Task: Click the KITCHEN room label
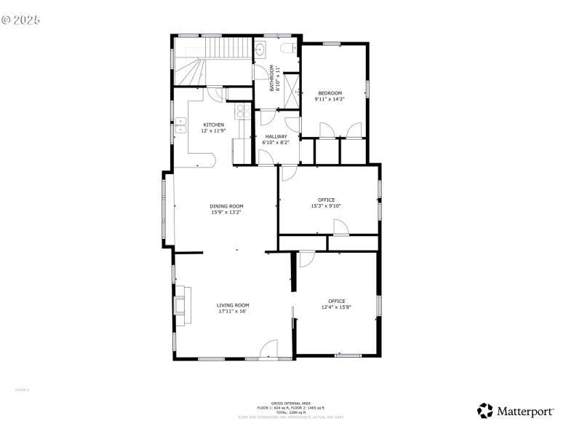click(x=213, y=125)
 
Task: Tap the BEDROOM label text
click(x=329, y=92)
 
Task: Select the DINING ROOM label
click(x=226, y=206)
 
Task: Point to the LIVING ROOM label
click(x=233, y=305)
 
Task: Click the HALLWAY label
click(x=276, y=136)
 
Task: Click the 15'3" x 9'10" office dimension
click(x=326, y=206)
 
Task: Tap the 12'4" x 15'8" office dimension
click(x=336, y=307)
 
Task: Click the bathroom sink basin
click(x=260, y=50)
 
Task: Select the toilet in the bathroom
click(x=288, y=50)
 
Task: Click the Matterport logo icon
click(x=485, y=411)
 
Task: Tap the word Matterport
click(x=526, y=412)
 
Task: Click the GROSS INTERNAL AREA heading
click(x=290, y=403)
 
